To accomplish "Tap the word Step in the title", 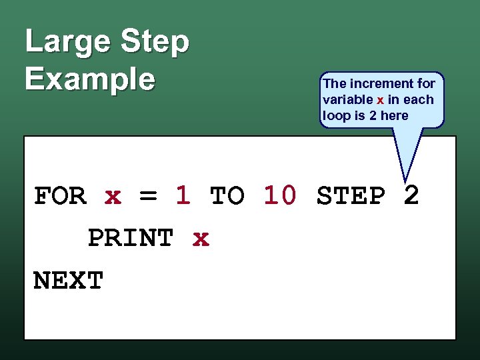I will click(155, 42).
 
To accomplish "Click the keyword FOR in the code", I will click(60, 197).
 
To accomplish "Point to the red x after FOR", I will click(113, 197).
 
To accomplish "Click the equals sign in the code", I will click(148, 197).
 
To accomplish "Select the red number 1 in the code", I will click(183, 195).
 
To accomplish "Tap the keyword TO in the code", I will click(227, 197).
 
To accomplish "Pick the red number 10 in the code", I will click(280, 195).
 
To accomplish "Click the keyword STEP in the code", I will click(351, 197).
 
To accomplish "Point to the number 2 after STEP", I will click(411, 195).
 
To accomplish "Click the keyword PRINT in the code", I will click(131, 238).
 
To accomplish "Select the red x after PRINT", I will click(200, 238).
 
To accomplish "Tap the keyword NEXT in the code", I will click(69, 281).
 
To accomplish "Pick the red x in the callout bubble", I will click(380, 100).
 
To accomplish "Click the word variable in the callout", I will click(347, 100).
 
